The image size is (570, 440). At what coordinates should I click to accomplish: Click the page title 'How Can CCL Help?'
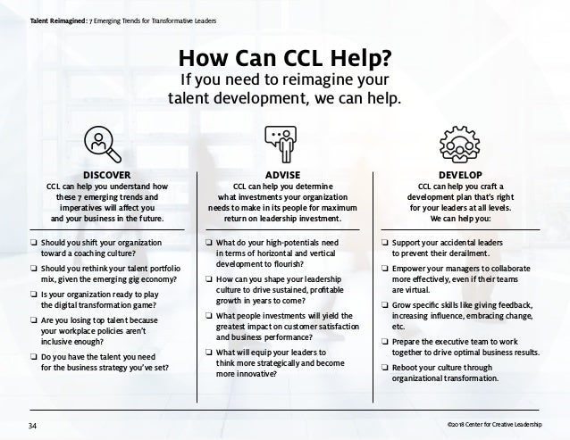pyautogui.click(x=284, y=60)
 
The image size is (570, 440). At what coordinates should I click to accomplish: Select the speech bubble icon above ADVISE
pyautogui.click(x=284, y=140)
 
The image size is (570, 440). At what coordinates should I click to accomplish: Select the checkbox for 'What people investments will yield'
pyautogui.click(x=208, y=314)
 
